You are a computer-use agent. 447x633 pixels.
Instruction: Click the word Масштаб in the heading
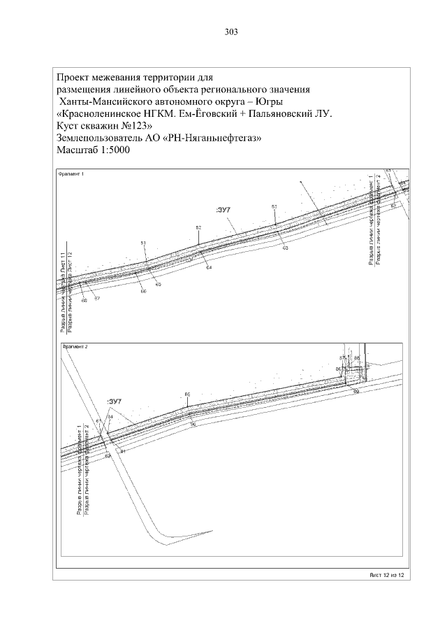click(x=77, y=151)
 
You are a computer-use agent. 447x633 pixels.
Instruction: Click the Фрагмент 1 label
click(x=70, y=174)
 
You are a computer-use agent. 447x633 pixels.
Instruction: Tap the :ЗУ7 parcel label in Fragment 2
click(x=115, y=401)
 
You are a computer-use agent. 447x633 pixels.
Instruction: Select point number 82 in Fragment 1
click(x=198, y=228)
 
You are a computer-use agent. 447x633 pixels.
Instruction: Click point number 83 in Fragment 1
click(x=274, y=207)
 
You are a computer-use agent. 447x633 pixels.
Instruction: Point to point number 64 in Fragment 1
click(x=210, y=268)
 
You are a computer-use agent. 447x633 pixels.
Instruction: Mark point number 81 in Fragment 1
click(x=143, y=243)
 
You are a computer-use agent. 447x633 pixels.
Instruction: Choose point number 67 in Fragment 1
click(x=97, y=299)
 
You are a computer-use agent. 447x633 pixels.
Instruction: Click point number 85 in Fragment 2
click(x=187, y=395)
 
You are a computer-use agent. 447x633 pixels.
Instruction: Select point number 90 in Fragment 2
click(x=193, y=424)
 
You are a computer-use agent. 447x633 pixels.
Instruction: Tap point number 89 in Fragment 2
click(x=356, y=392)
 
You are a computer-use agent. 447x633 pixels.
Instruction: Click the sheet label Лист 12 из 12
click(x=387, y=574)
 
